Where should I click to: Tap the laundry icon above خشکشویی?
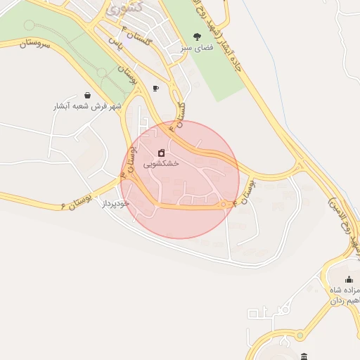point(162,153)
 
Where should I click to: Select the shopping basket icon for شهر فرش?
point(87,95)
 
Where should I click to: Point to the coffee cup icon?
point(155,88)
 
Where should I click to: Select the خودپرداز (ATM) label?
point(116,203)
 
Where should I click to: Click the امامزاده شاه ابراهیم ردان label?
point(345,295)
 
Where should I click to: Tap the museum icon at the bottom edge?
point(303,356)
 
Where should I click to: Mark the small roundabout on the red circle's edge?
point(226,205)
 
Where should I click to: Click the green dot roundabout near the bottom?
point(285,310)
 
